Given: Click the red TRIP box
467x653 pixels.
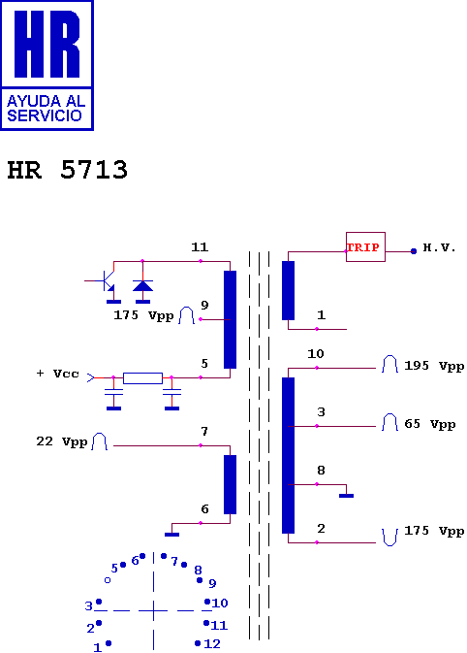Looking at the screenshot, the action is (x=365, y=247).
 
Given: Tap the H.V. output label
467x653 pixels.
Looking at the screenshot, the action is (x=439, y=247).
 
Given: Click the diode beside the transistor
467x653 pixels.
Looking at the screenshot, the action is (x=142, y=285).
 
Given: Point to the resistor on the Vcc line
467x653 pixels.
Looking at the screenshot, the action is (x=142, y=378).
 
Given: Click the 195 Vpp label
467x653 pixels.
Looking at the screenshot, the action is (x=434, y=366).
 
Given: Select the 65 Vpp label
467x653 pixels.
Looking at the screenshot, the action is (x=430, y=424).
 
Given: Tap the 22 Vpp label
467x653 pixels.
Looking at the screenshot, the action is (x=62, y=441).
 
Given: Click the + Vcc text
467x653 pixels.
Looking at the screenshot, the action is (x=58, y=374).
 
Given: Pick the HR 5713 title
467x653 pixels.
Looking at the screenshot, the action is (x=68, y=170).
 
